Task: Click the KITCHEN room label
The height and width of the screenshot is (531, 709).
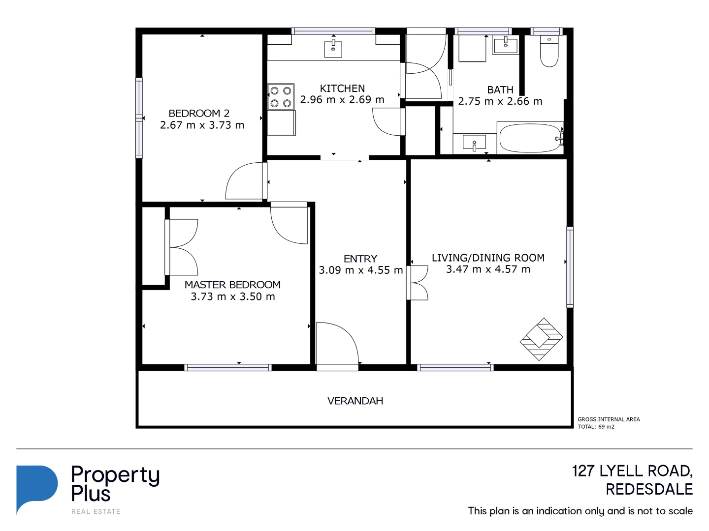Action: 342,88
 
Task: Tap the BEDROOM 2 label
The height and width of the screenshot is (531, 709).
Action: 199,114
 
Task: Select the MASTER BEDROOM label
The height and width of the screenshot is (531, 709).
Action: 232,285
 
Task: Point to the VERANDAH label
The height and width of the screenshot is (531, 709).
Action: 355,401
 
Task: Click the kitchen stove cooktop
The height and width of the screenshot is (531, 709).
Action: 281,96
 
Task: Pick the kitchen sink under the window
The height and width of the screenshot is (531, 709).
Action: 333,49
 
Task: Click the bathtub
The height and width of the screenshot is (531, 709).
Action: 529,139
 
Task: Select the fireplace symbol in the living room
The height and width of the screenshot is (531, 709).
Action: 542,339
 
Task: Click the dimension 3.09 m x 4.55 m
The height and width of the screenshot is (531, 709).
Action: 360,270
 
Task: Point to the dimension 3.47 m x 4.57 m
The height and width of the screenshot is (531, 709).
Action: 488,269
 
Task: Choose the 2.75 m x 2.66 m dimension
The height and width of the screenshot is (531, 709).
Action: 500,102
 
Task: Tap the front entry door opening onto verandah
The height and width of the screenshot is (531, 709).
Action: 337,344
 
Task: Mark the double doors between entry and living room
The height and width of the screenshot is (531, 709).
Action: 417,283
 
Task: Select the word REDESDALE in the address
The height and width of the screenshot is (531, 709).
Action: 649,490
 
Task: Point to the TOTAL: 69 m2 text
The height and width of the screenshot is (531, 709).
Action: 596,427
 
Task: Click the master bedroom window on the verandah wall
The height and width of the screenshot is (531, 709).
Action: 227,367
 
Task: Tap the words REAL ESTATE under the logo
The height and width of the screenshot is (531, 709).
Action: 96,512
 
